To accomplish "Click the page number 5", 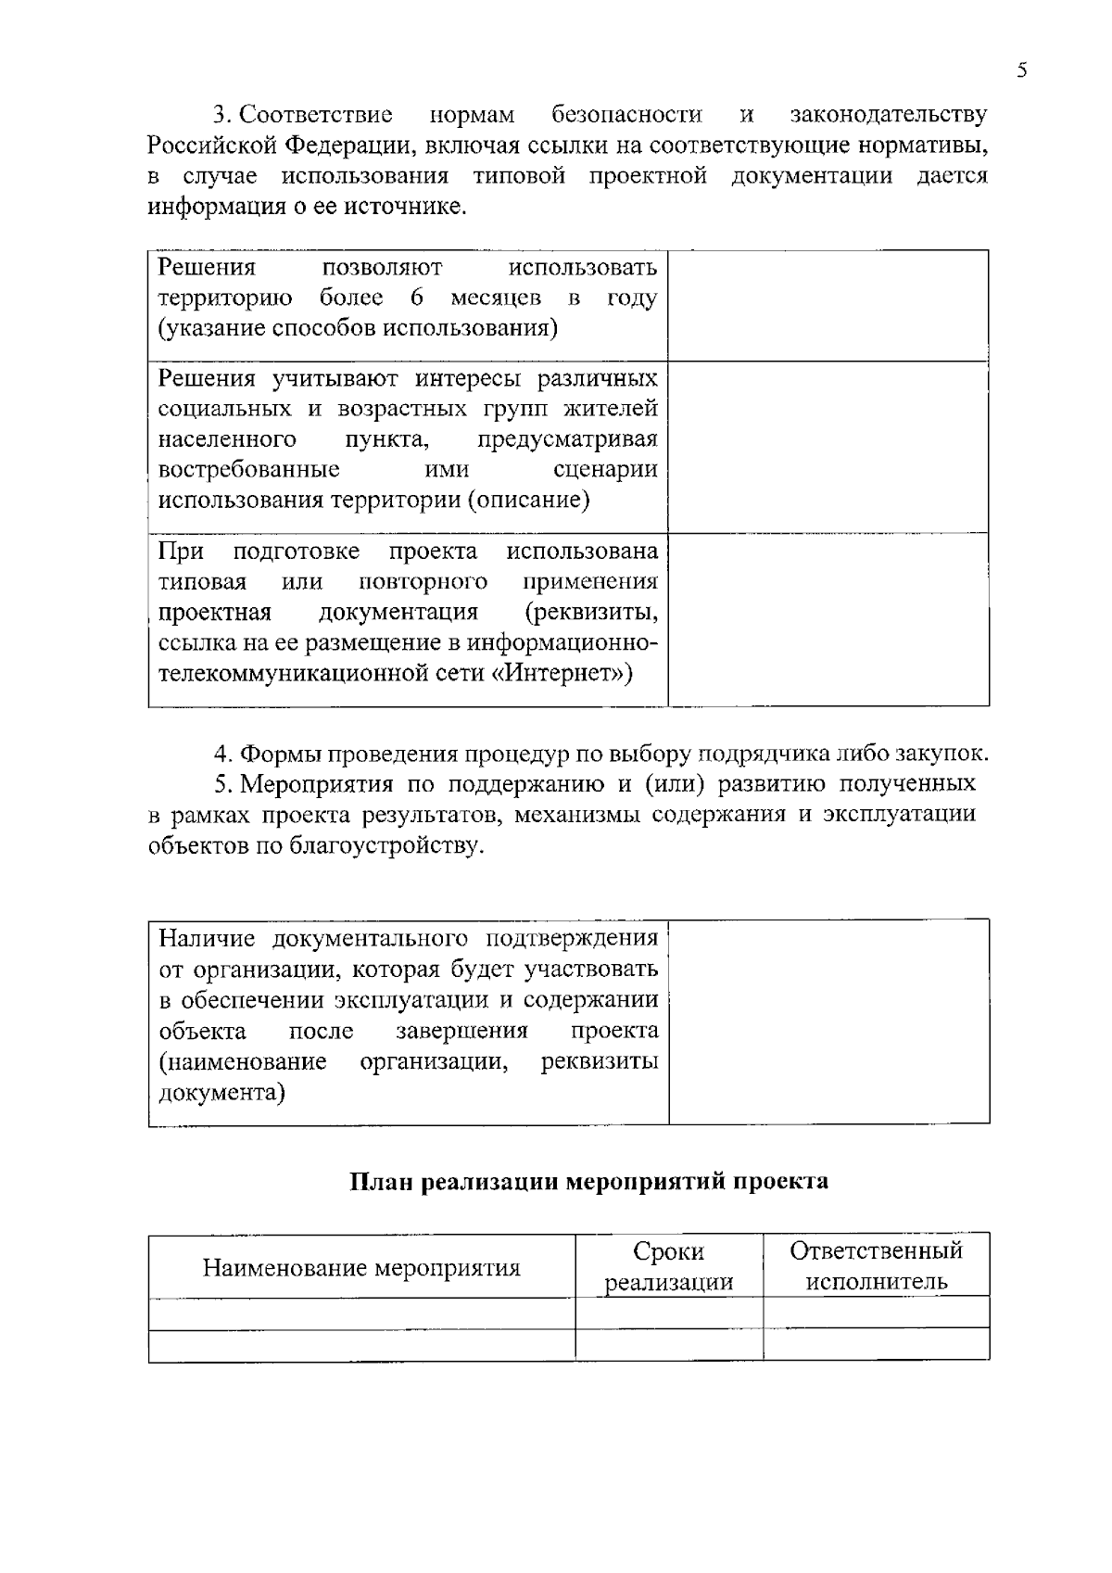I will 1022,71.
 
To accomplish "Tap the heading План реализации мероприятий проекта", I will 588,1182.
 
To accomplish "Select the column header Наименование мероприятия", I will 361,1267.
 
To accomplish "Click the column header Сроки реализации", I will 668,1266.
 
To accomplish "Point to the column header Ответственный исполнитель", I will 876,1266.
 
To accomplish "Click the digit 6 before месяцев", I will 416,298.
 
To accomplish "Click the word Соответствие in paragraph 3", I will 315,115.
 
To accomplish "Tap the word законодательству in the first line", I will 888,115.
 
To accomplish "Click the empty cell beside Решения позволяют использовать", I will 828,305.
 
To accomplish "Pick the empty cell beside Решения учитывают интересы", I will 828,447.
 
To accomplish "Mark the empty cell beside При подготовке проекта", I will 828,619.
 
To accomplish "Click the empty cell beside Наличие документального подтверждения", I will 828,1021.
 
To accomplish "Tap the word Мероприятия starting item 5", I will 320,784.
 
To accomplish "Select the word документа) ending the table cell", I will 221,1092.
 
